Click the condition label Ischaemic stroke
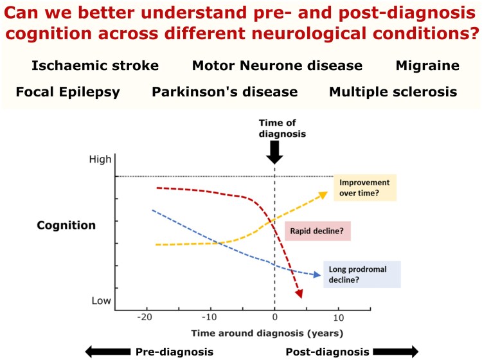pyautogui.click(x=94, y=66)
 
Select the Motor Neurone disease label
pyautogui.click(x=277, y=66)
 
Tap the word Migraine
pyautogui.click(x=427, y=66)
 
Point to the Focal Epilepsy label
pyautogui.click(x=67, y=92)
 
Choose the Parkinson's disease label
pyautogui.click(x=225, y=92)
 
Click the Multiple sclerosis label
pyautogui.click(x=393, y=92)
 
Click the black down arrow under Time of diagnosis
pyautogui.click(x=274, y=152)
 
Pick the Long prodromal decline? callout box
pyautogui.click(x=362, y=274)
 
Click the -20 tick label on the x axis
pyautogui.click(x=146, y=318)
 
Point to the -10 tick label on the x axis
pyautogui.click(x=210, y=318)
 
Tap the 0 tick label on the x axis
pyautogui.click(x=274, y=318)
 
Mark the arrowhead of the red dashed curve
pyautogui.click(x=299, y=294)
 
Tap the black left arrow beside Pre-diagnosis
pyautogui.click(x=107, y=351)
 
